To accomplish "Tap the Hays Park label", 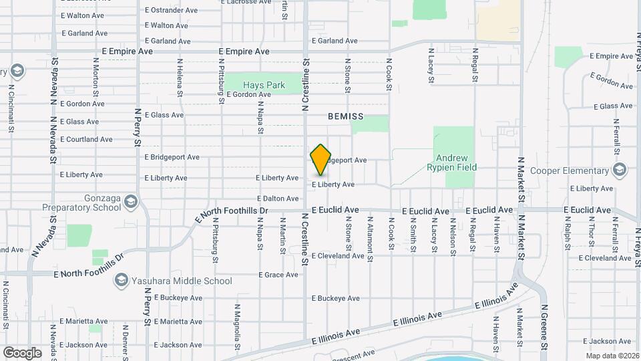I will [x=264, y=85].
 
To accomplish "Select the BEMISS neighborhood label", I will [x=346, y=116].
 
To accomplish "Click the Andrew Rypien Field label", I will [x=452, y=162].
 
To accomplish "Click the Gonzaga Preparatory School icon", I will [x=132, y=202].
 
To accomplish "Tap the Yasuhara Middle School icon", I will [x=121, y=281].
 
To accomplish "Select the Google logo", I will [x=22, y=352].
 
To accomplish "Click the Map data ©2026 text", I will [x=609, y=355].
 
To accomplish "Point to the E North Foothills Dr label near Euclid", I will [x=232, y=214].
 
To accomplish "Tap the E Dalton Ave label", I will [x=278, y=199].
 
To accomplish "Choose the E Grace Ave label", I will [x=278, y=275].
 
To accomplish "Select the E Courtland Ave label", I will [x=86, y=140].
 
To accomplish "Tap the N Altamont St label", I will [x=369, y=237].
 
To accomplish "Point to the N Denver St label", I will [x=125, y=341].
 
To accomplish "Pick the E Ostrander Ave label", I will [x=171, y=11].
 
